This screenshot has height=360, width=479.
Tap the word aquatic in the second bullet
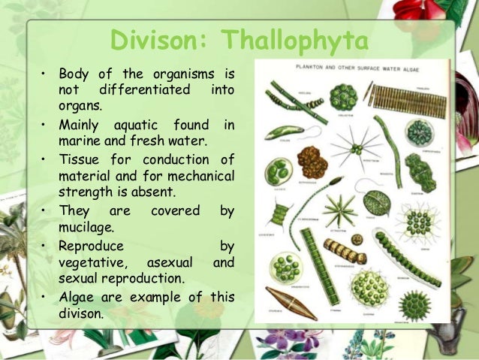click(x=134, y=123)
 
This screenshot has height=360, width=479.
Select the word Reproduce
click(x=92, y=246)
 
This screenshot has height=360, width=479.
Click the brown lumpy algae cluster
click(x=311, y=161)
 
